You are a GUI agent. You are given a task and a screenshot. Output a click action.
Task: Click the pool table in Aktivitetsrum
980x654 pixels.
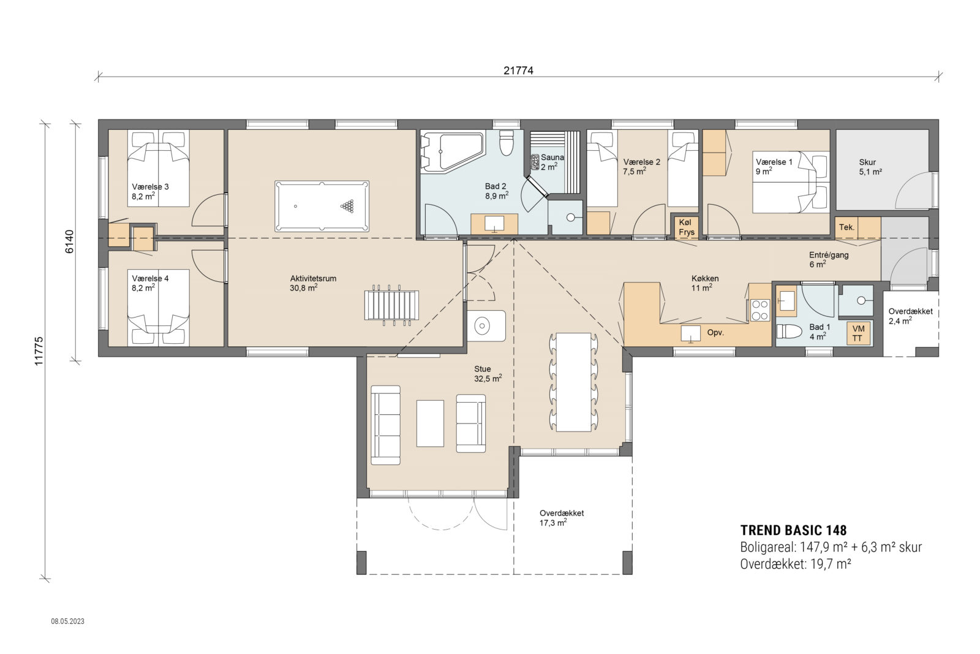[x=322, y=207]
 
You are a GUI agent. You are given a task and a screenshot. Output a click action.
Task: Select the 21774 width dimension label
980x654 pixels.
[x=518, y=70]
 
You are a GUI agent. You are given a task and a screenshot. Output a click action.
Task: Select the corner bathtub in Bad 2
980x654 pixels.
[x=450, y=152]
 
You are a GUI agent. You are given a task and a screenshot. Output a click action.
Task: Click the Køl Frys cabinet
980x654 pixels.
[x=686, y=227]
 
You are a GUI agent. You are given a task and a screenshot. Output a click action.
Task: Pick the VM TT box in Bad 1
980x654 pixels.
[x=858, y=333]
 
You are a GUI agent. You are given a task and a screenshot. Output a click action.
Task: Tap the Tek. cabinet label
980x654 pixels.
[x=847, y=227]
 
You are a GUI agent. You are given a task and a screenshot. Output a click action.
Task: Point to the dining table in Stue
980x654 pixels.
[x=573, y=382]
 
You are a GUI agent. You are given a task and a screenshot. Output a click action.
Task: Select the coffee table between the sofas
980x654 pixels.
[x=430, y=423]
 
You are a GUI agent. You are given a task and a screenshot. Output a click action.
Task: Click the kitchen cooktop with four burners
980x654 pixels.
[x=759, y=310]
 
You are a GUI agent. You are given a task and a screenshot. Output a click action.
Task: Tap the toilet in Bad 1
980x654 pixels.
[x=789, y=332]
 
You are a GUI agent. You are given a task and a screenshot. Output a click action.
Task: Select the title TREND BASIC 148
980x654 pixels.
[x=793, y=530]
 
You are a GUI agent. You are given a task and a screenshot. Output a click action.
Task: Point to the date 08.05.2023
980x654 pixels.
[x=67, y=621]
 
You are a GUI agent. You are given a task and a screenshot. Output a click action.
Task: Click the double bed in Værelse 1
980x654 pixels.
[x=789, y=183]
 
